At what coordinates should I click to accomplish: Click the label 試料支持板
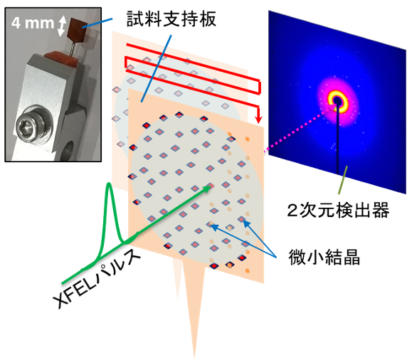click(x=171, y=19)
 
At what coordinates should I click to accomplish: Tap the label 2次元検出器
click(x=338, y=210)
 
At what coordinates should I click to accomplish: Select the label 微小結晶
click(x=324, y=257)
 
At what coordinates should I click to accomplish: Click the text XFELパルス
click(x=97, y=278)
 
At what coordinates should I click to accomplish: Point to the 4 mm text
click(x=33, y=23)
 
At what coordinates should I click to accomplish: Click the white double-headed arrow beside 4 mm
click(x=61, y=26)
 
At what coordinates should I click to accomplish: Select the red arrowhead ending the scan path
click(x=259, y=120)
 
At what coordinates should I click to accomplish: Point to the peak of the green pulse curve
click(x=109, y=184)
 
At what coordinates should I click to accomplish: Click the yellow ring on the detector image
click(x=337, y=101)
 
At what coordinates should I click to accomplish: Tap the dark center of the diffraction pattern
click(x=337, y=101)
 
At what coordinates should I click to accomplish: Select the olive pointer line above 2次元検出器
click(x=343, y=180)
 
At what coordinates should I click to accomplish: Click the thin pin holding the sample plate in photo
click(x=73, y=48)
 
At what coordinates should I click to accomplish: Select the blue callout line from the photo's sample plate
click(x=97, y=23)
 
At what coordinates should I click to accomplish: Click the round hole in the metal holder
click(x=69, y=150)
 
